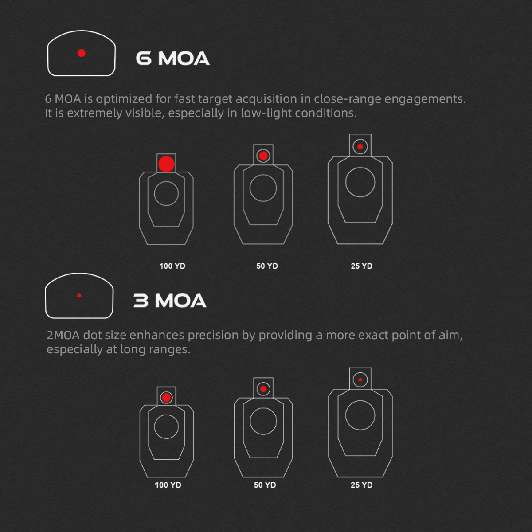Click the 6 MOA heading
(172, 58)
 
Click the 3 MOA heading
(170, 301)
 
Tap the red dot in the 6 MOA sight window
(82, 53)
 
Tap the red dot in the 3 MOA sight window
(79, 296)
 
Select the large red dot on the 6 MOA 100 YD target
(166, 164)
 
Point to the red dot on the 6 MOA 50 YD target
(263, 156)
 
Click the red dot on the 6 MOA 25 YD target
(360, 147)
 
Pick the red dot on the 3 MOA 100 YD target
(167, 398)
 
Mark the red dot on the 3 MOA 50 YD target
(263, 389)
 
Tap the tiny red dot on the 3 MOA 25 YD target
(360, 380)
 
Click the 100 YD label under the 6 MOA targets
(172, 266)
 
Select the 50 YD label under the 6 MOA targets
(267, 266)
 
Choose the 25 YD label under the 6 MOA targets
(361, 266)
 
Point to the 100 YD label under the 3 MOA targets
(168, 485)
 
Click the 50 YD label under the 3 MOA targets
(265, 485)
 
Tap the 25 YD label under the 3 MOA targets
(361, 485)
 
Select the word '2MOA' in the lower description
(63, 335)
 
